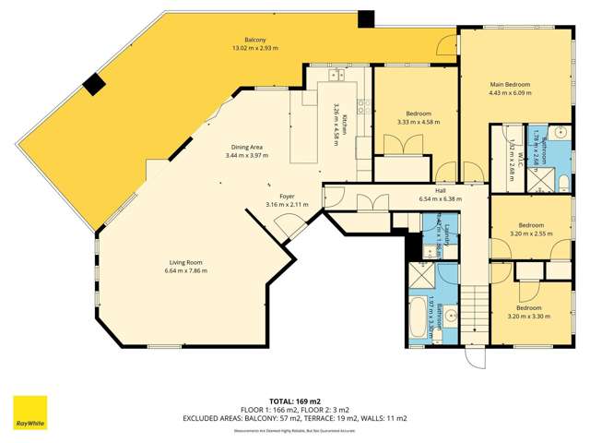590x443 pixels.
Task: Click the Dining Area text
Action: (x=246, y=147)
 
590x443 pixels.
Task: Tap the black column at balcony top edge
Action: (x=367, y=18)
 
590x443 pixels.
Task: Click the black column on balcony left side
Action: (x=93, y=85)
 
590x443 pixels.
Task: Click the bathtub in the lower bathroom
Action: (x=418, y=319)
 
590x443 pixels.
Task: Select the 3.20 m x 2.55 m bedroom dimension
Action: (x=530, y=233)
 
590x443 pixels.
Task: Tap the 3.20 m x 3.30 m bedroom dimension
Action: (x=529, y=316)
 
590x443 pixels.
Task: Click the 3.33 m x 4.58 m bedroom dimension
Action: (x=419, y=122)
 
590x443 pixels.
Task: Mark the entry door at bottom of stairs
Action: (x=476, y=358)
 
